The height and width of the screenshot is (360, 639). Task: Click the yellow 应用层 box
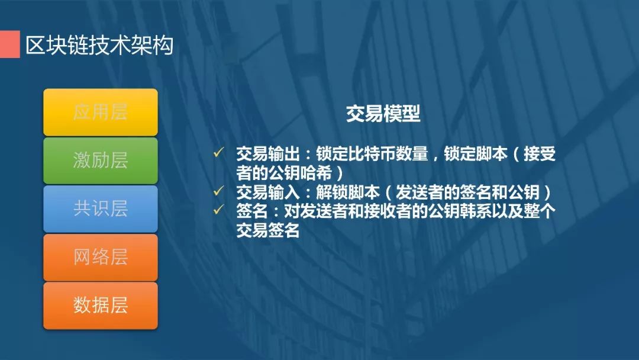tap(100, 112)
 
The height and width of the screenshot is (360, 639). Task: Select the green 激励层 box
tap(100, 160)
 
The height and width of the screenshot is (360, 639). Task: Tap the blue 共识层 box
tap(100, 208)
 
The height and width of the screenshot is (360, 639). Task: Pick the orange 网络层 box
tap(100, 257)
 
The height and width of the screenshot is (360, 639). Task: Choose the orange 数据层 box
tap(100, 306)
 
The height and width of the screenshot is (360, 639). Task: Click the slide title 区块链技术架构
tap(99, 45)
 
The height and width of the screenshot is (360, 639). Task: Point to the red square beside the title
tap(10, 44)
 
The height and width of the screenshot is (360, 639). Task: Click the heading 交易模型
tap(383, 113)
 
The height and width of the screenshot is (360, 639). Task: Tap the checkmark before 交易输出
tap(218, 153)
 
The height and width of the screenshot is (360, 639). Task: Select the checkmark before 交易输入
tap(218, 191)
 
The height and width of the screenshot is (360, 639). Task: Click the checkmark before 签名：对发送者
tap(218, 210)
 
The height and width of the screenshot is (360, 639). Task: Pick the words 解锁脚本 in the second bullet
tap(348, 192)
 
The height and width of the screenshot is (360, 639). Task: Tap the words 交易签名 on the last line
tap(268, 230)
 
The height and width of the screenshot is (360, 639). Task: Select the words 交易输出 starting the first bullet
tap(268, 154)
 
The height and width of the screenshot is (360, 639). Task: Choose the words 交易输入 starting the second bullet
tap(268, 192)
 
